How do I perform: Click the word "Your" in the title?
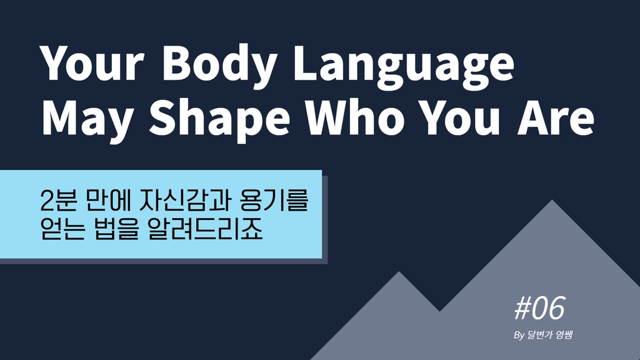click(x=92, y=63)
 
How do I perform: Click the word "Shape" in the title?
click(x=219, y=118)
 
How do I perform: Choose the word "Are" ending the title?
click(x=556, y=117)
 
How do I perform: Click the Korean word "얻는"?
click(x=63, y=229)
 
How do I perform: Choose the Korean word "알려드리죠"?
click(x=205, y=229)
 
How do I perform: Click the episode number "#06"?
click(x=539, y=308)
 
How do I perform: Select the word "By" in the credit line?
click(x=519, y=336)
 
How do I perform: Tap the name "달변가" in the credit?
click(x=539, y=335)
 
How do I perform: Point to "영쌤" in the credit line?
click(x=564, y=335)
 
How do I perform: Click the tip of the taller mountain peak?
click(x=552, y=200)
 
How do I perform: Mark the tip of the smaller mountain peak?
click(x=399, y=271)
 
